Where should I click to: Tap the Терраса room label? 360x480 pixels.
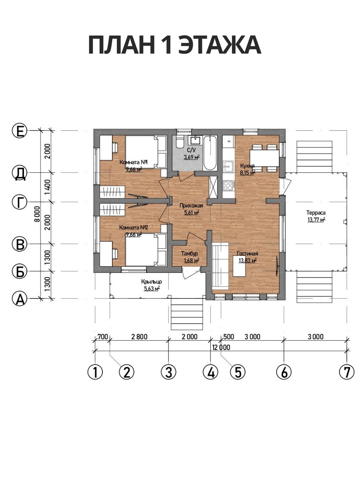click(x=316, y=212)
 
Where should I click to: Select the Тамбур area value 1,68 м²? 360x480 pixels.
click(x=192, y=260)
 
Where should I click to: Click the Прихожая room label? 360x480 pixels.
click(x=191, y=206)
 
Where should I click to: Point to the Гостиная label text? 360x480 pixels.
click(x=248, y=254)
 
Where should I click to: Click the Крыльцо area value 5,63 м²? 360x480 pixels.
click(x=152, y=289)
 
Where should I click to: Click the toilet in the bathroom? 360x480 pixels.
click(x=180, y=142)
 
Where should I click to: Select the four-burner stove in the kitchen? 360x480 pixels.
click(x=228, y=186)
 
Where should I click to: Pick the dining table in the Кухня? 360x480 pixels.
click(x=264, y=158)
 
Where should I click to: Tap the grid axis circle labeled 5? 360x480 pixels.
click(x=238, y=372)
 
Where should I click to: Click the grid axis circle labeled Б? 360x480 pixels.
click(x=20, y=271)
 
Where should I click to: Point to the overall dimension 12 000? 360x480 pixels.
click(x=221, y=347)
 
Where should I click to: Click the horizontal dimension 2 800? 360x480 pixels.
click(x=139, y=337)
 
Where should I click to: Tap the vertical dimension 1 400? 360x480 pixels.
click(x=47, y=187)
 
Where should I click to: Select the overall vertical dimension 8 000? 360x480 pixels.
click(x=37, y=214)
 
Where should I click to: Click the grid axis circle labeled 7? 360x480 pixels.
click(x=347, y=372)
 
